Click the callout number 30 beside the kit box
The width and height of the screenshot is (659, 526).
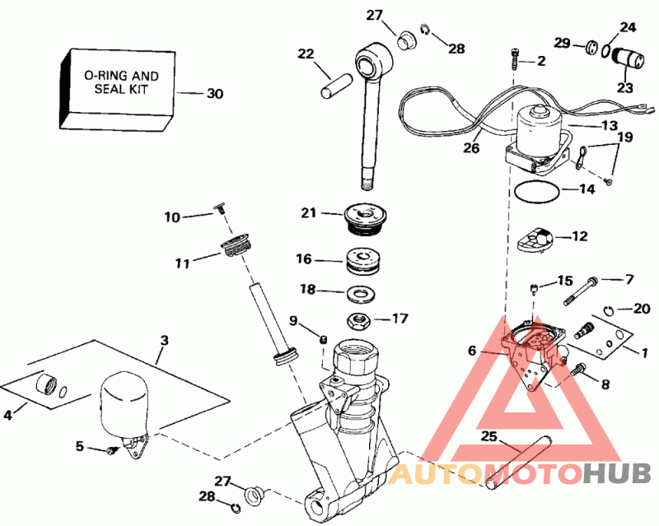pos(214,94)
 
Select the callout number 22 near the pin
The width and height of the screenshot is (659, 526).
pos(306,54)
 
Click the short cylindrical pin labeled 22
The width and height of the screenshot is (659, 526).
pos(338,84)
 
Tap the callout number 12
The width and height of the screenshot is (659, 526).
pos(580,236)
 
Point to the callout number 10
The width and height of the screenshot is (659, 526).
pos(172,217)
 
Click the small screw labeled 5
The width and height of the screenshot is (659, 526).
pos(110,449)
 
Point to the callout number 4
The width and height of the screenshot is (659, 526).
pos(8,416)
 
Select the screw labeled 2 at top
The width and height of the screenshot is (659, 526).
pos(514,59)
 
